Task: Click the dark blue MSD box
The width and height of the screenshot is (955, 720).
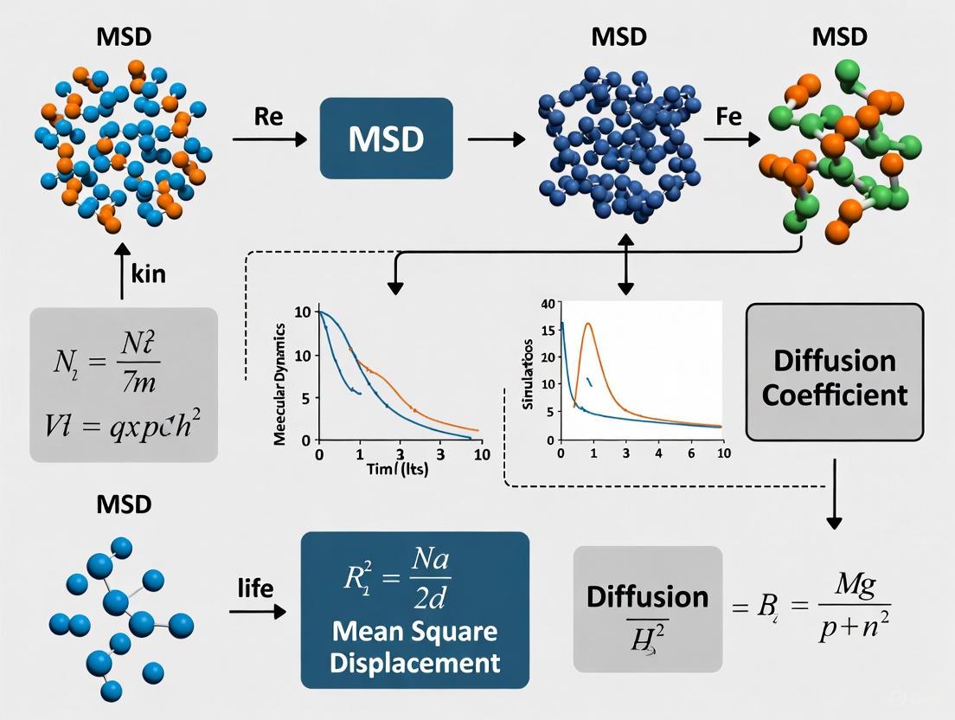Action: click(387, 138)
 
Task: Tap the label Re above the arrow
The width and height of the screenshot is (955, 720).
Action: click(269, 117)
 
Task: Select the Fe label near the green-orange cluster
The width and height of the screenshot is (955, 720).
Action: click(729, 117)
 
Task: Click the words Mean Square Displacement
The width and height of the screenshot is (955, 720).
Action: click(414, 646)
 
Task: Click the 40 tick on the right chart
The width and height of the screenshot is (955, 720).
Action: click(546, 304)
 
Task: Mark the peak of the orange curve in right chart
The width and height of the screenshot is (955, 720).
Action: click(588, 325)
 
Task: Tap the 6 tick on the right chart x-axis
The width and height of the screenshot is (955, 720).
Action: click(689, 453)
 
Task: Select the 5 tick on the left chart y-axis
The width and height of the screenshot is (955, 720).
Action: click(304, 399)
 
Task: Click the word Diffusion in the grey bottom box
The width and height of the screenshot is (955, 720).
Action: click(647, 596)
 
